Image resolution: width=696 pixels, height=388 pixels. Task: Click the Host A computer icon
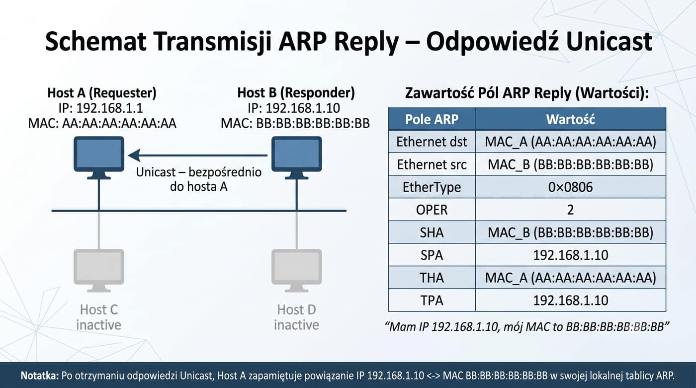99,157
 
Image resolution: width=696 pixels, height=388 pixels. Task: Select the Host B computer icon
297,157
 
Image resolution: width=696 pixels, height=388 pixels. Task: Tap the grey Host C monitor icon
99,271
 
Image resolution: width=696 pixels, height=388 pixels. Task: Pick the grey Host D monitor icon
297,271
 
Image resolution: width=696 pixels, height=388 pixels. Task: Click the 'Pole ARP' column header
432,119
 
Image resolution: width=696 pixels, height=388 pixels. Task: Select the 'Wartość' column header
571,119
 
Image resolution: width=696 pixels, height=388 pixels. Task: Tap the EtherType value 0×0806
571,187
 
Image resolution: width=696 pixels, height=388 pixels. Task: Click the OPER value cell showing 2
571,210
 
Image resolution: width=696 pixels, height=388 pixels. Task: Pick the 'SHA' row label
432,233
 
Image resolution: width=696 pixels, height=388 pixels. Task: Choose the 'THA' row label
432,278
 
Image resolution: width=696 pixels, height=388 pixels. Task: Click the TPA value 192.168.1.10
571,301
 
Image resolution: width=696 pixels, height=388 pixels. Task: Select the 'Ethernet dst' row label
432,142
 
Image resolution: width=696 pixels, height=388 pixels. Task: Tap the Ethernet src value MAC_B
571,164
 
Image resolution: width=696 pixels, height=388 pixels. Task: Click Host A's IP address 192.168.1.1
109,108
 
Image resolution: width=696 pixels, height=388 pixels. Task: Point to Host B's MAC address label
295,123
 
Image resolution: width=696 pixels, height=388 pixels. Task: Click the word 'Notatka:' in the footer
40,376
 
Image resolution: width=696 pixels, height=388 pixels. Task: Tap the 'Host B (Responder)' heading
296,92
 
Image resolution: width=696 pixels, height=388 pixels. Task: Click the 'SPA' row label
432,255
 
